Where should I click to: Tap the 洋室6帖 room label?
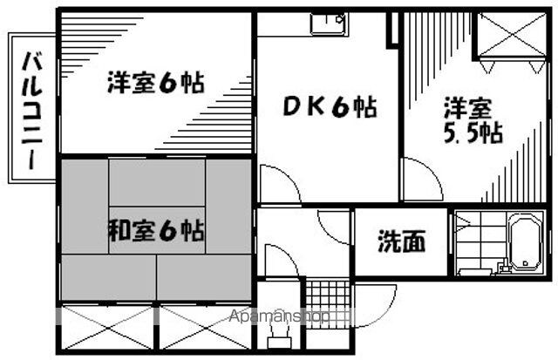pos(156,84)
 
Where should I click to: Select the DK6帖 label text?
pos(328,108)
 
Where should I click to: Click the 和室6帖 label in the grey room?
pos(156,231)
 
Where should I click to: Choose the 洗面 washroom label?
pos(401,241)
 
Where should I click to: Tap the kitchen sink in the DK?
pos(328,22)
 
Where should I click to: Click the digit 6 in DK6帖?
pos(340,108)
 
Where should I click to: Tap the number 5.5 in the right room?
pos(459,134)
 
